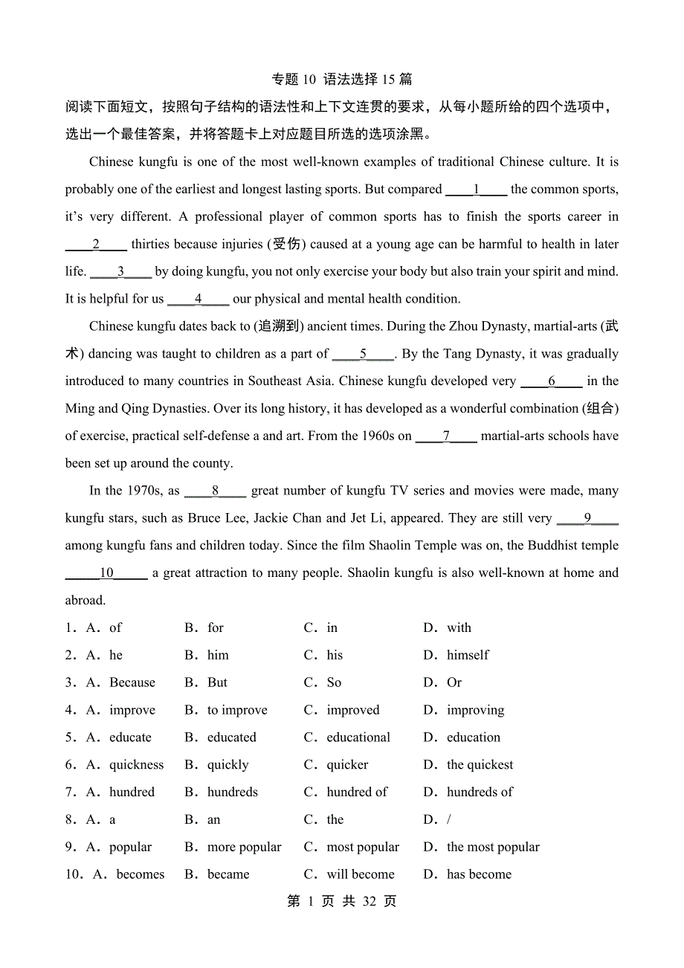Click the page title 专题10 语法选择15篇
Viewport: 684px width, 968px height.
point(342,80)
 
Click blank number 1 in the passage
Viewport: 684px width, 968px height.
point(477,190)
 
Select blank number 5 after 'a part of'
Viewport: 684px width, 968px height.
point(363,354)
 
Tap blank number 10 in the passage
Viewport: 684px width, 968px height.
point(106,572)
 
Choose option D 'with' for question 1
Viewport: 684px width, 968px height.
point(459,628)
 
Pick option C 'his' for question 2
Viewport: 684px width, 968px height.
point(335,656)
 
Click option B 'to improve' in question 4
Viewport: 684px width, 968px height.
point(236,710)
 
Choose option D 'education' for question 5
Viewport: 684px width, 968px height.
point(473,738)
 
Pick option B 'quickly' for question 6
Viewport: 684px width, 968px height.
point(228,765)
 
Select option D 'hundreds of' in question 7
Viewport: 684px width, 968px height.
point(480,793)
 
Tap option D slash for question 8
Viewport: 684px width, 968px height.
point(449,820)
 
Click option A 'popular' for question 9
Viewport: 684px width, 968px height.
point(130,848)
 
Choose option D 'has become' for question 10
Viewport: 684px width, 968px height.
point(479,874)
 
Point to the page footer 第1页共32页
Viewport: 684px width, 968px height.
point(342,902)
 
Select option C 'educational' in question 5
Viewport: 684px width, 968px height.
point(358,738)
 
